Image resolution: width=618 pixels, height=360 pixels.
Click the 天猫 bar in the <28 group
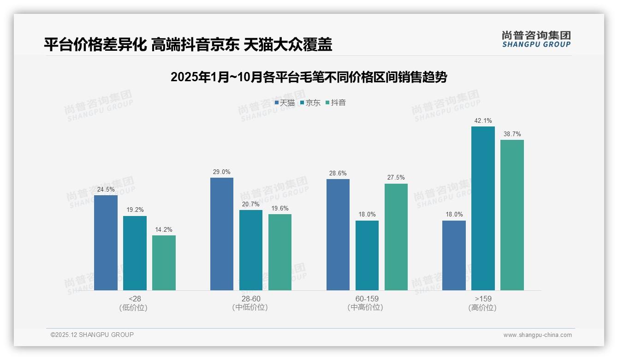(106, 243)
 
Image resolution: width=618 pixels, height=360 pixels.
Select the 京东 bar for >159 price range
(483, 208)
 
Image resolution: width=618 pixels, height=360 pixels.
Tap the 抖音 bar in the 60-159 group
(396, 237)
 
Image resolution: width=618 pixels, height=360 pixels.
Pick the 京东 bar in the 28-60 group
(250, 250)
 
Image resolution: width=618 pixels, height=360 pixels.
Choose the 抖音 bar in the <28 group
(164, 263)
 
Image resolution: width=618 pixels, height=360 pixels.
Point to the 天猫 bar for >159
(454, 255)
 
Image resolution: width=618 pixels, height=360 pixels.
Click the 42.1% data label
(483, 121)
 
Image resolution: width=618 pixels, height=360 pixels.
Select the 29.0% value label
(221, 172)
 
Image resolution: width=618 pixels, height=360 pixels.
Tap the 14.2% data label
(164, 230)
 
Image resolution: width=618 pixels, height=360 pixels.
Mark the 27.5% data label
(396, 178)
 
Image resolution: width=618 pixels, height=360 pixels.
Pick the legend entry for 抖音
(335, 103)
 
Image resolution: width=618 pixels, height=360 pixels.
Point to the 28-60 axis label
(250, 299)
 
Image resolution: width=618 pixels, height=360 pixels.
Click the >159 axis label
(482, 299)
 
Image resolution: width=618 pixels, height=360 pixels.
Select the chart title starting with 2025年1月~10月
(309, 77)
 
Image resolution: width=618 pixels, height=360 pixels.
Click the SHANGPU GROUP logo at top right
(536, 39)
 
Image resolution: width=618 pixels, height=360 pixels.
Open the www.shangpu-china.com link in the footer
(537, 335)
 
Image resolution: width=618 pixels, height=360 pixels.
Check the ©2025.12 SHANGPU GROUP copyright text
(92, 335)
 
